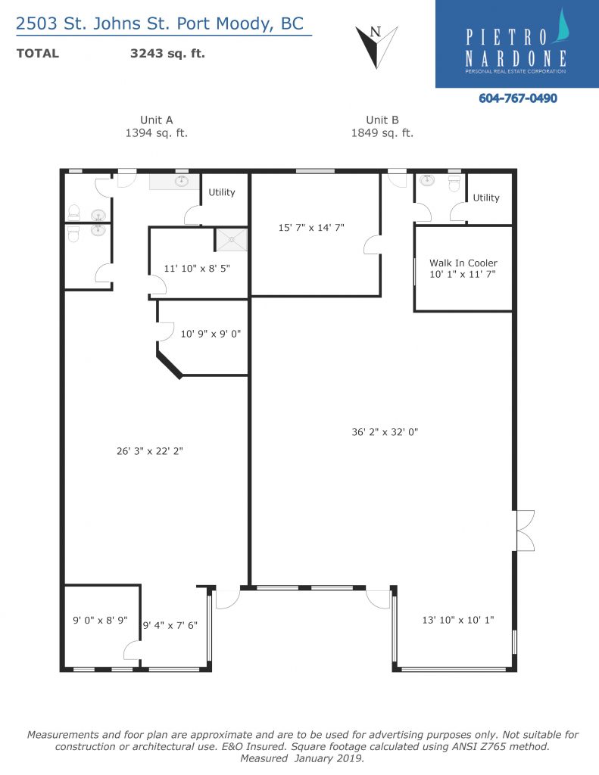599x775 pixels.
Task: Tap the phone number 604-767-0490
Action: [518, 98]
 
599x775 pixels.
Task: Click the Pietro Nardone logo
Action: [517, 44]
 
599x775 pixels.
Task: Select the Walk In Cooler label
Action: [463, 263]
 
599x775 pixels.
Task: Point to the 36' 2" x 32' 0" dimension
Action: [385, 432]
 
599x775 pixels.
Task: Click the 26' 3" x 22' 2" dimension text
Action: [150, 451]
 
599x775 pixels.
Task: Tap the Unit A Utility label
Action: [222, 192]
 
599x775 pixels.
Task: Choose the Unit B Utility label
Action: [486, 198]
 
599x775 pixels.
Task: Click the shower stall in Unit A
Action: [231, 240]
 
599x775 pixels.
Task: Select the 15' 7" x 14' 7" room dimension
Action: [311, 228]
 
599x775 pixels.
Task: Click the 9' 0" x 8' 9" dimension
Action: [101, 620]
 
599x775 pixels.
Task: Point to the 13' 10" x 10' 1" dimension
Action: [458, 620]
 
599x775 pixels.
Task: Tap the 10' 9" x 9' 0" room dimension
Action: [211, 334]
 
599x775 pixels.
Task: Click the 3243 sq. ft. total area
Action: [167, 54]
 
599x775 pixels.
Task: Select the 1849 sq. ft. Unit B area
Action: [382, 133]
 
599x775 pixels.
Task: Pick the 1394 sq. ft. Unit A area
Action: [156, 133]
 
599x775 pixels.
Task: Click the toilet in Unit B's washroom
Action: [454, 183]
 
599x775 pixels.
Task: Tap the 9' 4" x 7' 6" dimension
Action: [170, 625]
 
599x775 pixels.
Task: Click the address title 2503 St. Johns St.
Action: [93, 23]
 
